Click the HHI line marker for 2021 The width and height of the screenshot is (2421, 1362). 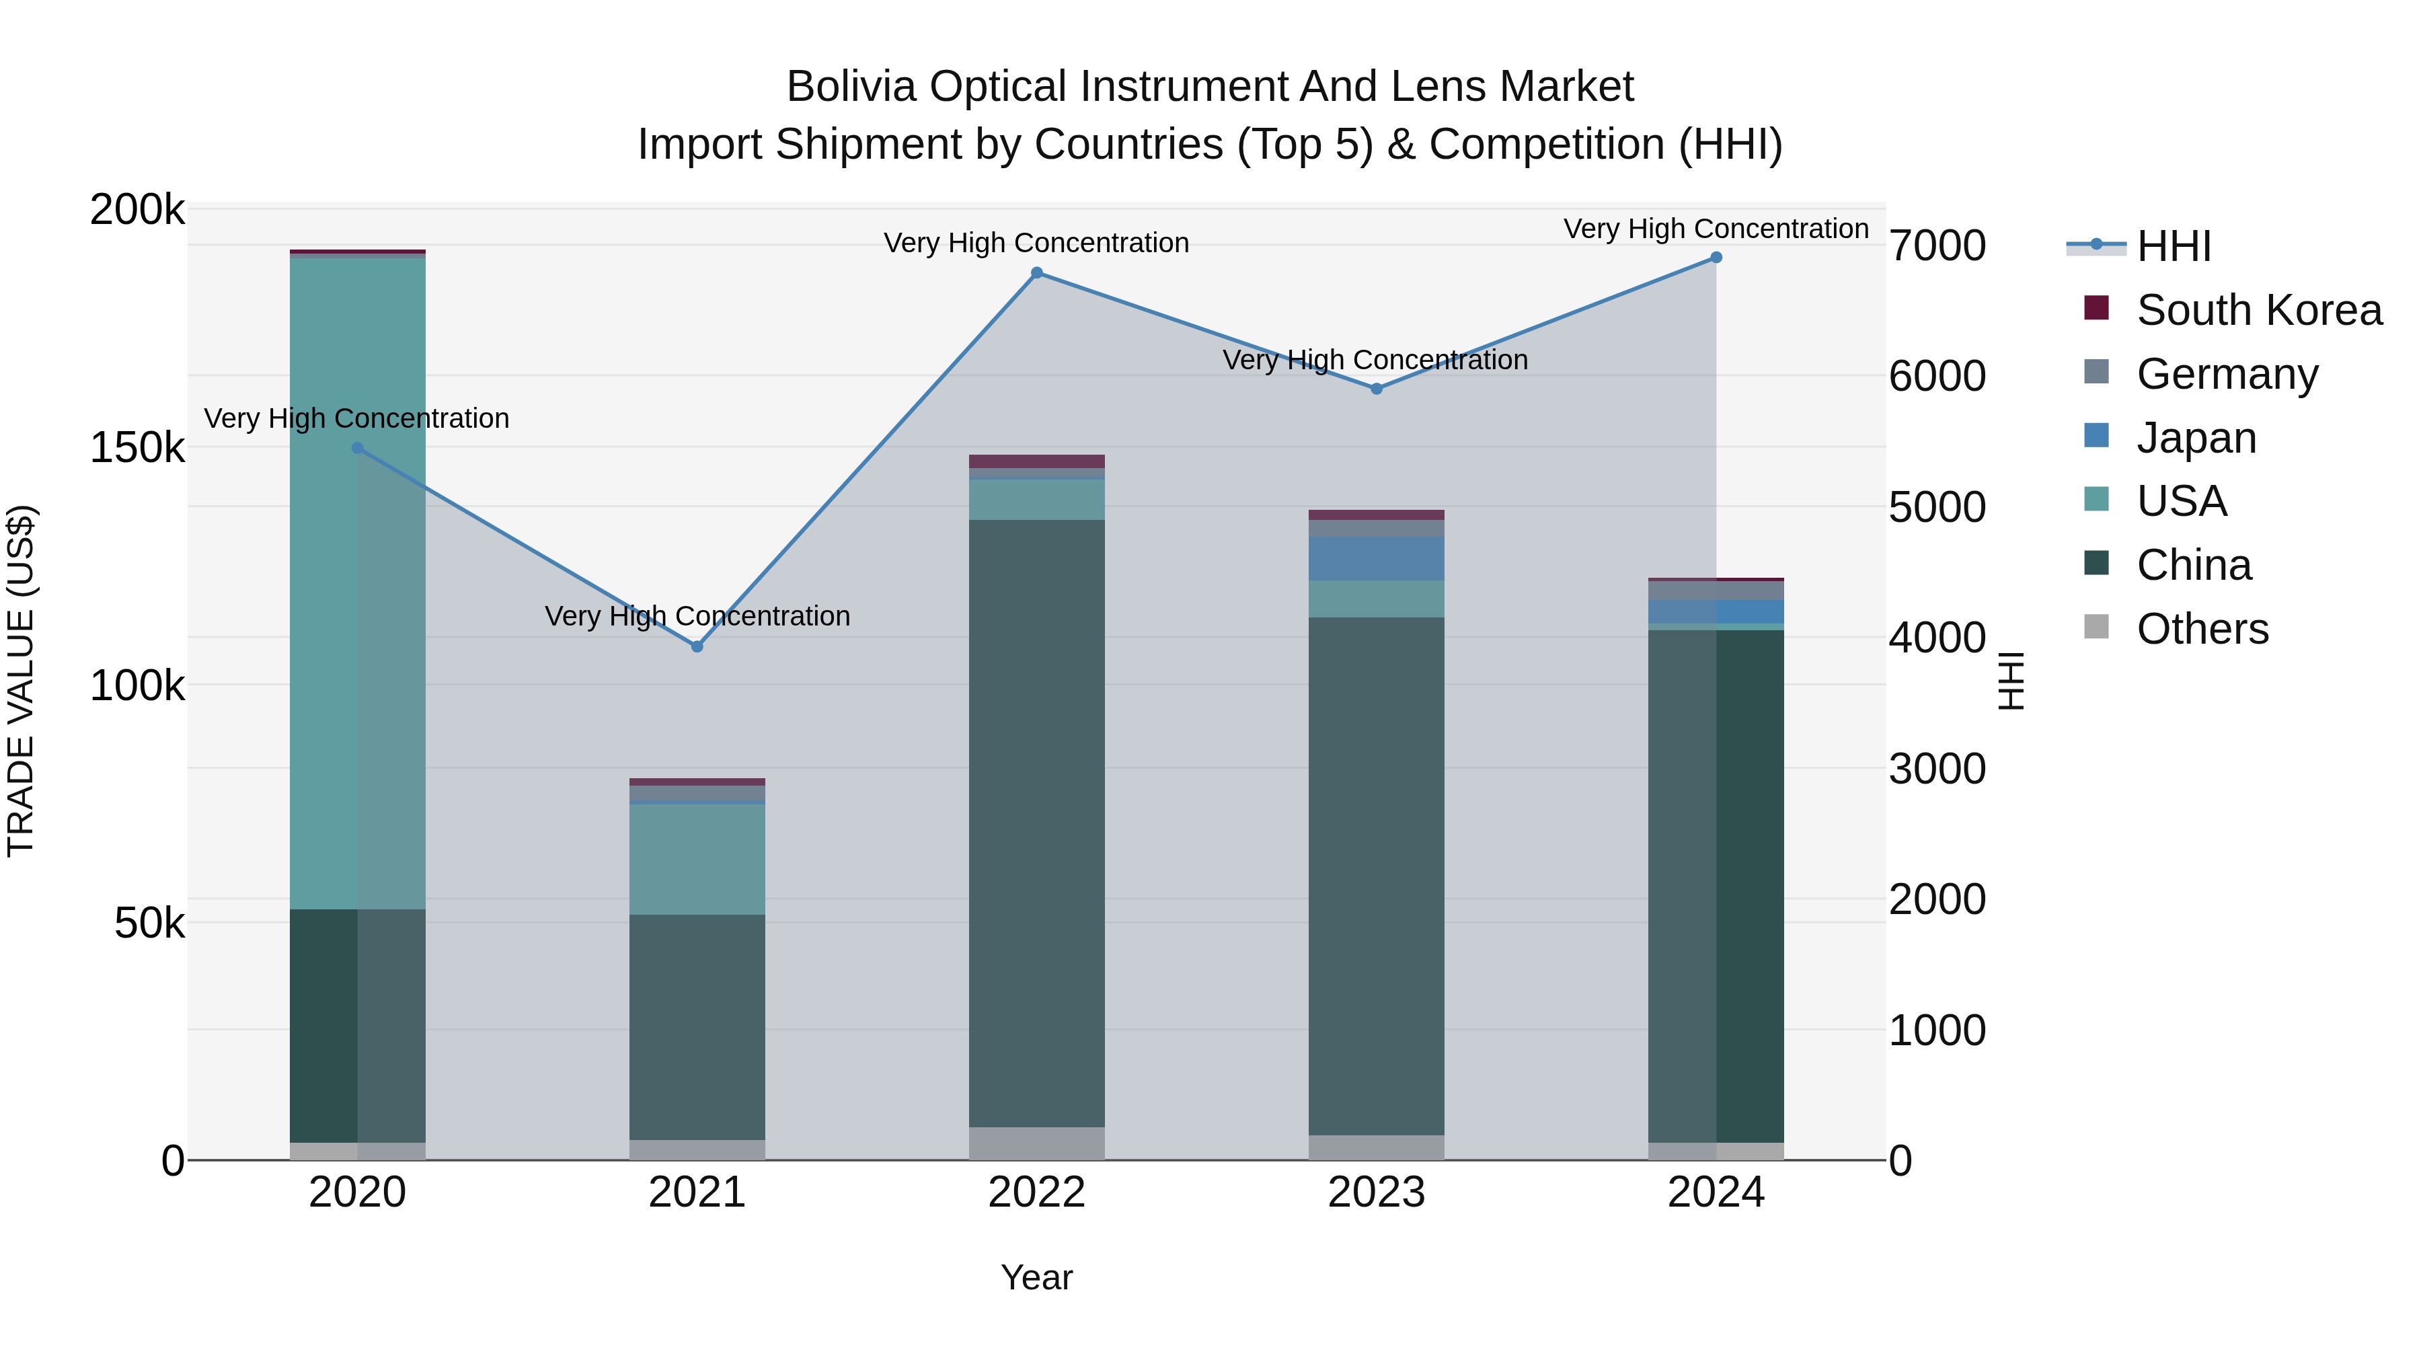coord(697,646)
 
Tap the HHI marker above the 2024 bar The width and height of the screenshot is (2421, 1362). coord(1716,258)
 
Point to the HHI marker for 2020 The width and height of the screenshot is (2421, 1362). coord(357,449)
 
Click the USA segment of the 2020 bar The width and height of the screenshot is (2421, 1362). coord(357,582)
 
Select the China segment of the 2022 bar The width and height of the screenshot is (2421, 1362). coord(1036,823)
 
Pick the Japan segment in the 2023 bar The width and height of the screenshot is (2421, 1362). coord(1376,558)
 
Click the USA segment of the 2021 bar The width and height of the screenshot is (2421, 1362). coord(697,859)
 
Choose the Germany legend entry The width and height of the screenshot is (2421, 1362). coord(2227,374)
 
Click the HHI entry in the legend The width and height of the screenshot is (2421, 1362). coord(2173,246)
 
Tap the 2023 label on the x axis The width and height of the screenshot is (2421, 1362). coord(1376,1193)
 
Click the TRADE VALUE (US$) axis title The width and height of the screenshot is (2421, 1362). coord(21,681)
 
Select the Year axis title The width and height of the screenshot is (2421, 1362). coord(1036,1277)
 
